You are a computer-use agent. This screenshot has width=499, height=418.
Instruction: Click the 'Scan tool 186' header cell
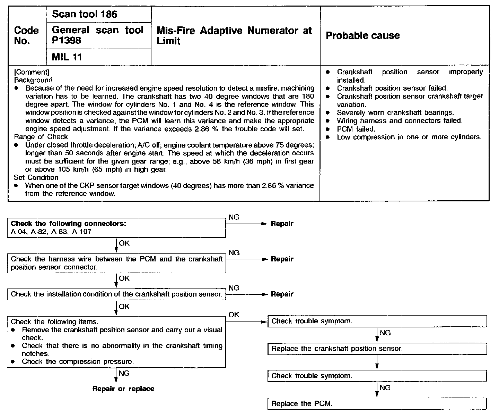point(85,14)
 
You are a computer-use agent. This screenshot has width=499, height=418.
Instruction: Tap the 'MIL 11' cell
point(67,57)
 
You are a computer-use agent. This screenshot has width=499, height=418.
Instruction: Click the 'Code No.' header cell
point(26,35)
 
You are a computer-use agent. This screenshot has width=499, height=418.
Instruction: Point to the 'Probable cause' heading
point(362,35)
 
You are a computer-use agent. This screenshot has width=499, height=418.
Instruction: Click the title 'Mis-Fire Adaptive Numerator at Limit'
point(234,35)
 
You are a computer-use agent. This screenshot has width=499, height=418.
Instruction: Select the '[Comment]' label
point(31,72)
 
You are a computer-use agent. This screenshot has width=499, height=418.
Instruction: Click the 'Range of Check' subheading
point(41,136)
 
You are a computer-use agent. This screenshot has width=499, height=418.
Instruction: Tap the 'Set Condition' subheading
point(36,177)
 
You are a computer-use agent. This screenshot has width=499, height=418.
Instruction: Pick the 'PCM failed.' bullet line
point(356,129)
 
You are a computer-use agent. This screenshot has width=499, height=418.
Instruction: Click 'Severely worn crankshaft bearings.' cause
point(395,112)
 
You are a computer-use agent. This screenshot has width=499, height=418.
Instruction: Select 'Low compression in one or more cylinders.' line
point(409,137)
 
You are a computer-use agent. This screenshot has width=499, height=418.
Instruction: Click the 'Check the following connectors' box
point(116,227)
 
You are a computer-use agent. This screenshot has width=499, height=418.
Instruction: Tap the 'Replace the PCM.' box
point(377,403)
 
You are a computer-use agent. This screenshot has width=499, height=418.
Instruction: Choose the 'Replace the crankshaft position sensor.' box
point(377,349)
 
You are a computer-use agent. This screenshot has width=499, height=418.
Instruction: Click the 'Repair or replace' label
point(123,389)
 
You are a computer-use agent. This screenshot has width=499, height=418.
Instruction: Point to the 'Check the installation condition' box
point(116,294)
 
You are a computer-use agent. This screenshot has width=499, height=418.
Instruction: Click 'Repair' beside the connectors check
point(282,224)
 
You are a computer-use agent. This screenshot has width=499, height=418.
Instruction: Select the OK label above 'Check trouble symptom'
point(234,315)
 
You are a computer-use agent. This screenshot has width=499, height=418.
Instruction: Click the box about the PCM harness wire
point(116,263)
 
